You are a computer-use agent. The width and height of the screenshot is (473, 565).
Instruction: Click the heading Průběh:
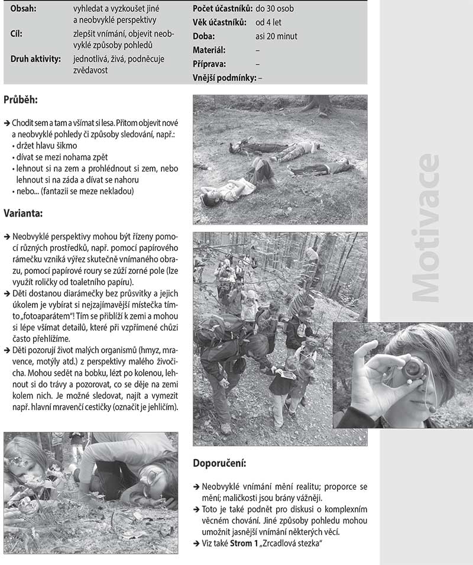coord(21,100)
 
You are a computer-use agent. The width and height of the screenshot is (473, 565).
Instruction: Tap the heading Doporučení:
coord(219,463)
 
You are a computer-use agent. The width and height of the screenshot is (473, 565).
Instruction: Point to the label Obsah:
coord(23,9)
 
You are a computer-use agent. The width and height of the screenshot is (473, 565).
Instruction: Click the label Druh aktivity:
coord(35,59)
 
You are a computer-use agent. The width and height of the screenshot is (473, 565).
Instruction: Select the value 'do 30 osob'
coord(274,9)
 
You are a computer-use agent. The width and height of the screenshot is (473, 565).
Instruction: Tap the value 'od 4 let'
coord(268,22)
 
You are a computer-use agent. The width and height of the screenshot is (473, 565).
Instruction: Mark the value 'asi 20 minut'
coord(276,37)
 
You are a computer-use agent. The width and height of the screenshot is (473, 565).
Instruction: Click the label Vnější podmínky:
coord(224,78)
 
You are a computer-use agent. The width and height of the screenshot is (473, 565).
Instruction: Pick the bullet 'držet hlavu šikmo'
coord(47,145)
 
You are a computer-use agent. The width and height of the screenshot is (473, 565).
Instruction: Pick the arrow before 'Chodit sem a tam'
coord(7,122)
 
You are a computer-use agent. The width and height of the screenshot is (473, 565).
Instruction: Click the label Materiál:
coord(209,50)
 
